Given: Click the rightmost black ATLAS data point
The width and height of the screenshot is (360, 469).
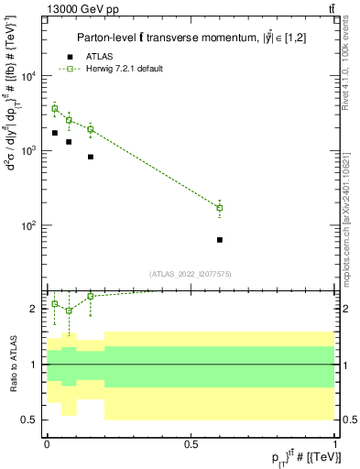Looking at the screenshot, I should [220, 240].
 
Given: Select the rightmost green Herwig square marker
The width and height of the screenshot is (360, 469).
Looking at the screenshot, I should [220, 208].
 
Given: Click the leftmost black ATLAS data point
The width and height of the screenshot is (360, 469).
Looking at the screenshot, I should [54, 133].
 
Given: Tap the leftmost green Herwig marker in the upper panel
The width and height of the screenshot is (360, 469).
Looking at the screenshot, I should [54, 108].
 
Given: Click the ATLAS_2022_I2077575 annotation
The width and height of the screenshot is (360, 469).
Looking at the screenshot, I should [191, 273].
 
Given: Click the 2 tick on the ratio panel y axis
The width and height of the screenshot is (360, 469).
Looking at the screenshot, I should [35, 310].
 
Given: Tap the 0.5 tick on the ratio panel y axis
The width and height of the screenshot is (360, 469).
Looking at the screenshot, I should [29, 420].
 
